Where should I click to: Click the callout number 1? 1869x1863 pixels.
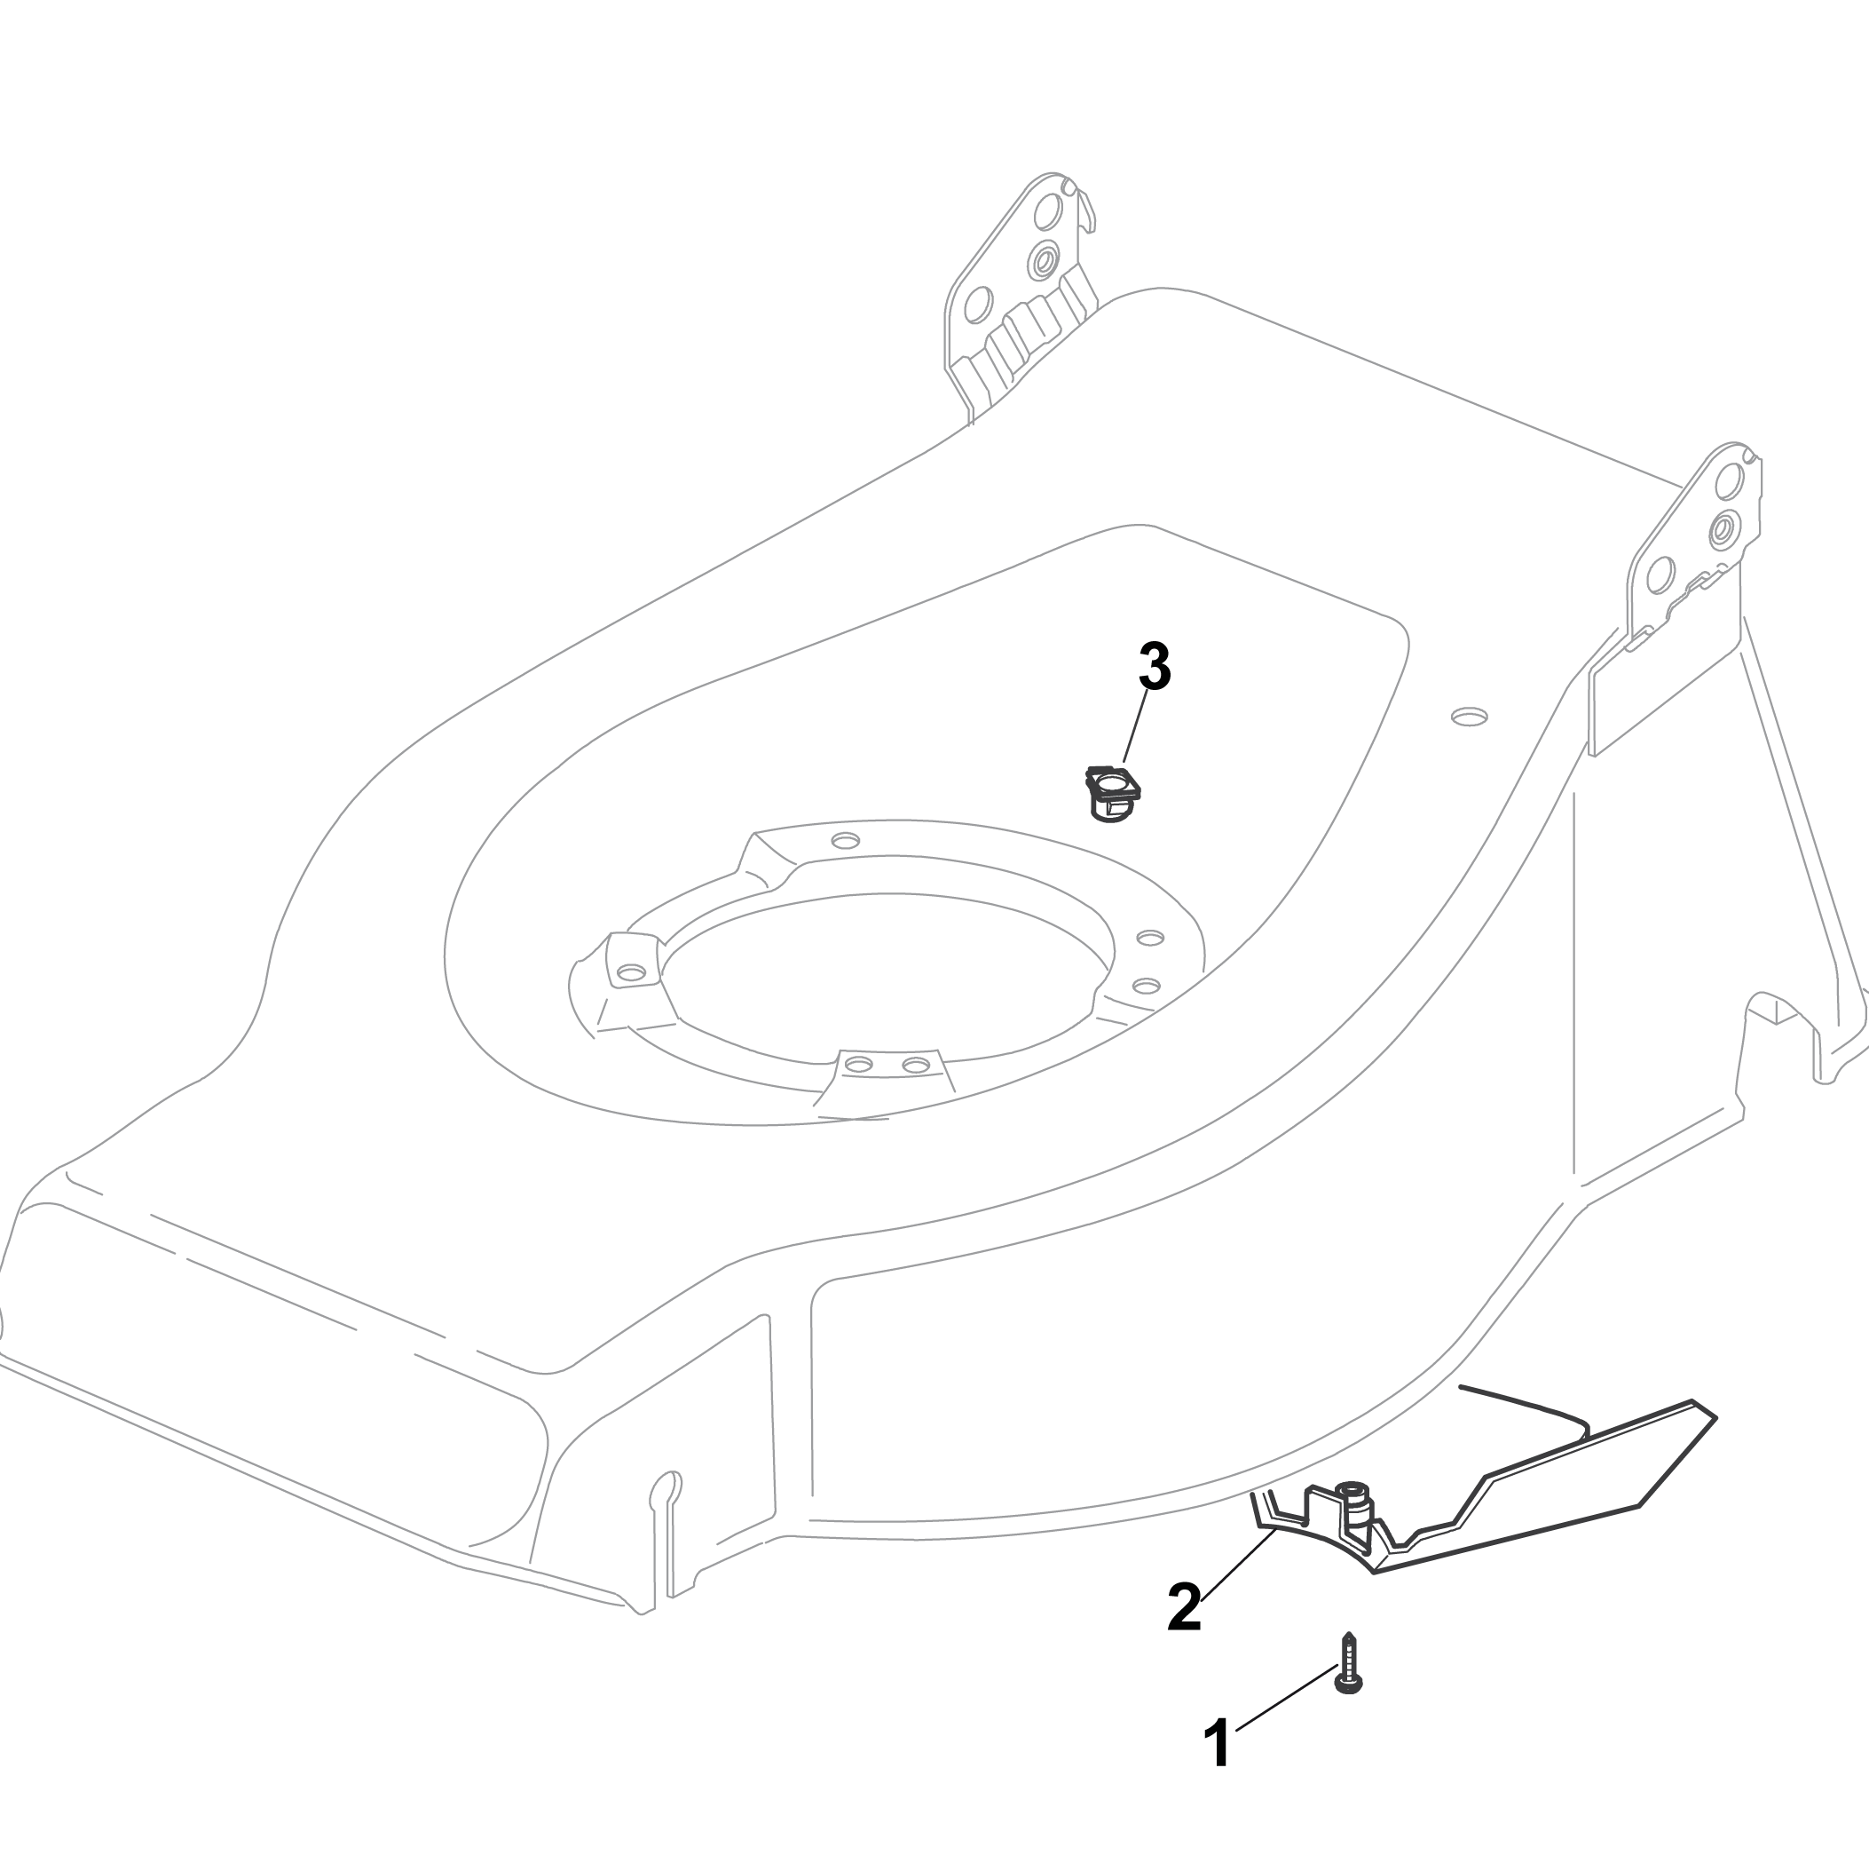(1217, 1744)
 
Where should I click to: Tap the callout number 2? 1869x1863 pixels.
(1184, 1606)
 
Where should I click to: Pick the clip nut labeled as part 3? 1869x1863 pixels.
(1113, 792)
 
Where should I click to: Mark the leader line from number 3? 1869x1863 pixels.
(1136, 725)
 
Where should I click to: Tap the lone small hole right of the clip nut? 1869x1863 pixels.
(1470, 717)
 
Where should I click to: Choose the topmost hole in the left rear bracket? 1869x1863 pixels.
(1048, 210)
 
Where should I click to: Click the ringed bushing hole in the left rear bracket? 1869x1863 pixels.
(1044, 259)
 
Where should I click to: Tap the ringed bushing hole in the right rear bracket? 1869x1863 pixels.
(1723, 529)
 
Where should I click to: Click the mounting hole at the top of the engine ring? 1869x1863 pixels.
(846, 840)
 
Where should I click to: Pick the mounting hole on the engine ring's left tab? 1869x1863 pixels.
(631, 971)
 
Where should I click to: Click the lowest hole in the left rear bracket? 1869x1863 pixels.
(978, 304)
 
